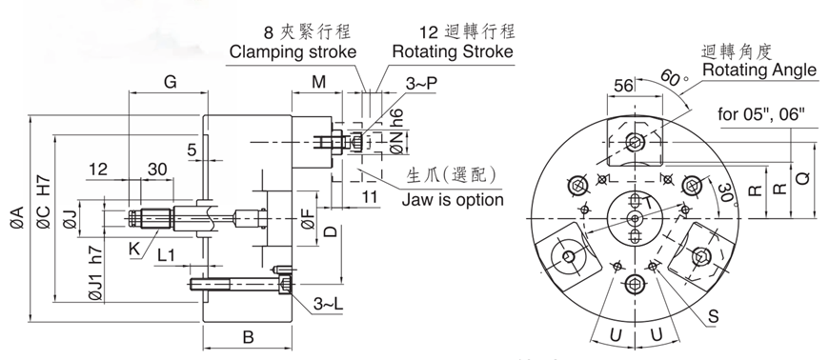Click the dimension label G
(x=170, y=82)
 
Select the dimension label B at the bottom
(x=246, y=337)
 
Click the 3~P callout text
(x=422, y=84)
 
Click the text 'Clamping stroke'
(x=293, y=51)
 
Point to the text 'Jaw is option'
(x=453, y=199)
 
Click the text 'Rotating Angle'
(x=758, y=70)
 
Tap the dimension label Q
(x=802, y=176)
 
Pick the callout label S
(x=713, y=312)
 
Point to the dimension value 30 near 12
(x=157, y=169)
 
